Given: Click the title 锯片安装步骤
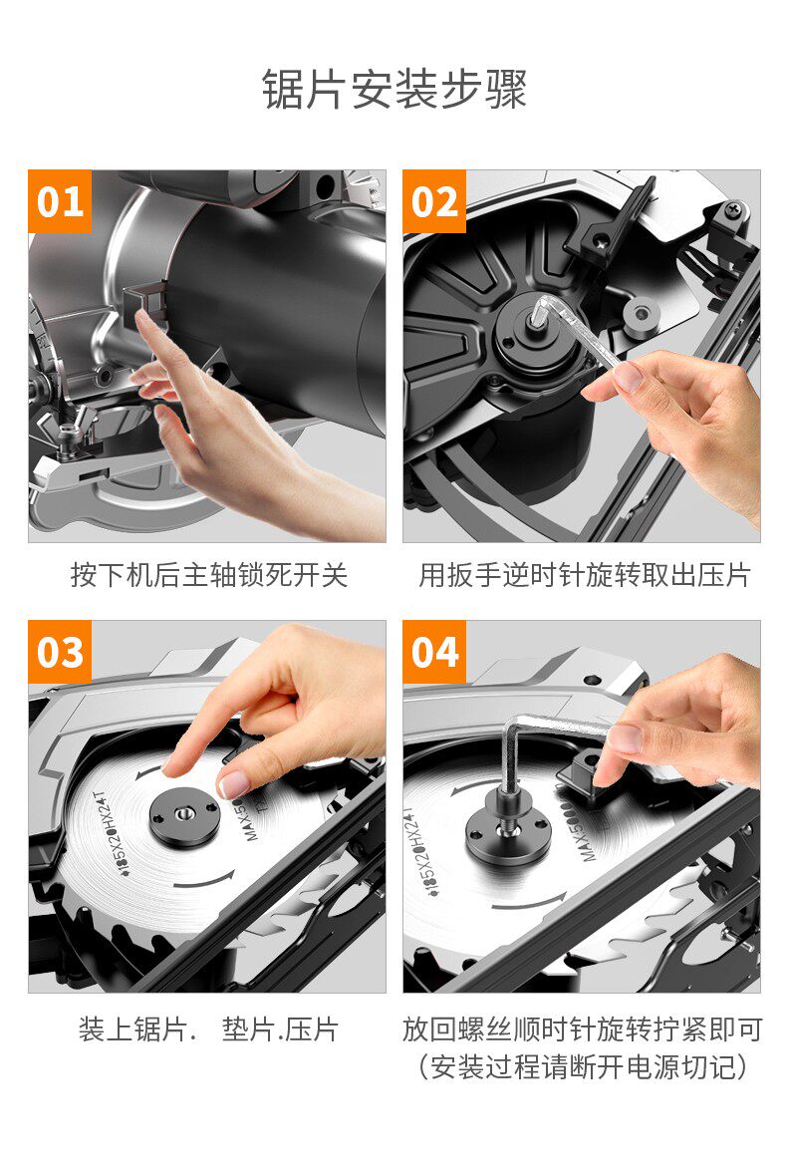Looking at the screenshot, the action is tap(394, 90).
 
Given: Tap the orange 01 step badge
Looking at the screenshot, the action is tap(60, 201).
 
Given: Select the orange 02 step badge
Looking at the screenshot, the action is tap(434, 201).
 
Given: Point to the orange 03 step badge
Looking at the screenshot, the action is tap(60, 651).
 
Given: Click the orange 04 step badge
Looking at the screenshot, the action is tap(434, 651).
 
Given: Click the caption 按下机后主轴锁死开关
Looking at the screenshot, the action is tap(209, 575).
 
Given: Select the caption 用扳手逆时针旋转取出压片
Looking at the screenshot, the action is tap(584, 575).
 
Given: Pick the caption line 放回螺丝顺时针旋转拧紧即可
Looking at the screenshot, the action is tap(583, 1029).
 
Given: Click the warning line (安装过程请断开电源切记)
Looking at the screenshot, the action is tap(583, 1066).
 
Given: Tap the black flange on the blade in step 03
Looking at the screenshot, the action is tap(184, 818).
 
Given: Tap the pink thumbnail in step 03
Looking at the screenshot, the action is tap(234, 783).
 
